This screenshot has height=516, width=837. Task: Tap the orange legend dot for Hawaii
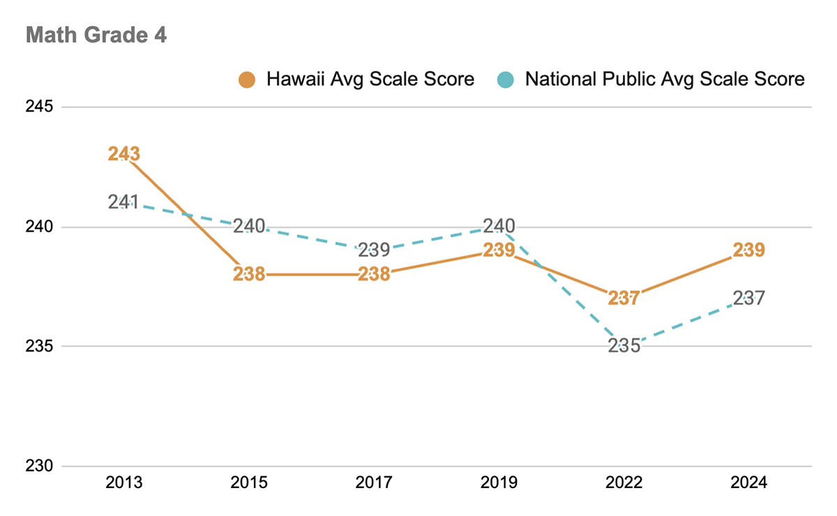(248, 79)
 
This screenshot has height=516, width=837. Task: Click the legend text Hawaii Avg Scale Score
(370, 79)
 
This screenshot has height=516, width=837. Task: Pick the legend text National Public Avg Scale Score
(665, 79)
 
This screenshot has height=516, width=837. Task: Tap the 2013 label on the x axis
(124, 483)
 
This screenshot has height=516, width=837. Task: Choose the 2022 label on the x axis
(624, 483)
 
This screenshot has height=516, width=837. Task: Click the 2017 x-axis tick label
(375, 483)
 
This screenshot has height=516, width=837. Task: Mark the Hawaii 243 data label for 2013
(124, 154)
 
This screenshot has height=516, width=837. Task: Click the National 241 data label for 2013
(124, 202)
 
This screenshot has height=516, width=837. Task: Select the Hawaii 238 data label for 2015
(249, 274)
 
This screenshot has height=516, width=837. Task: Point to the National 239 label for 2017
(375, 250)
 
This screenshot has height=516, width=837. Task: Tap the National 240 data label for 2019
(499, 226)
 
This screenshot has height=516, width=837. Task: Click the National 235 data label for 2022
(624, 346)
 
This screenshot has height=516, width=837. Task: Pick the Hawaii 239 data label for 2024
(749, 250)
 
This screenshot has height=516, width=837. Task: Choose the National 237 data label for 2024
(749, 298)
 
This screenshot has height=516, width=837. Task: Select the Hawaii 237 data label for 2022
(624, 298)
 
